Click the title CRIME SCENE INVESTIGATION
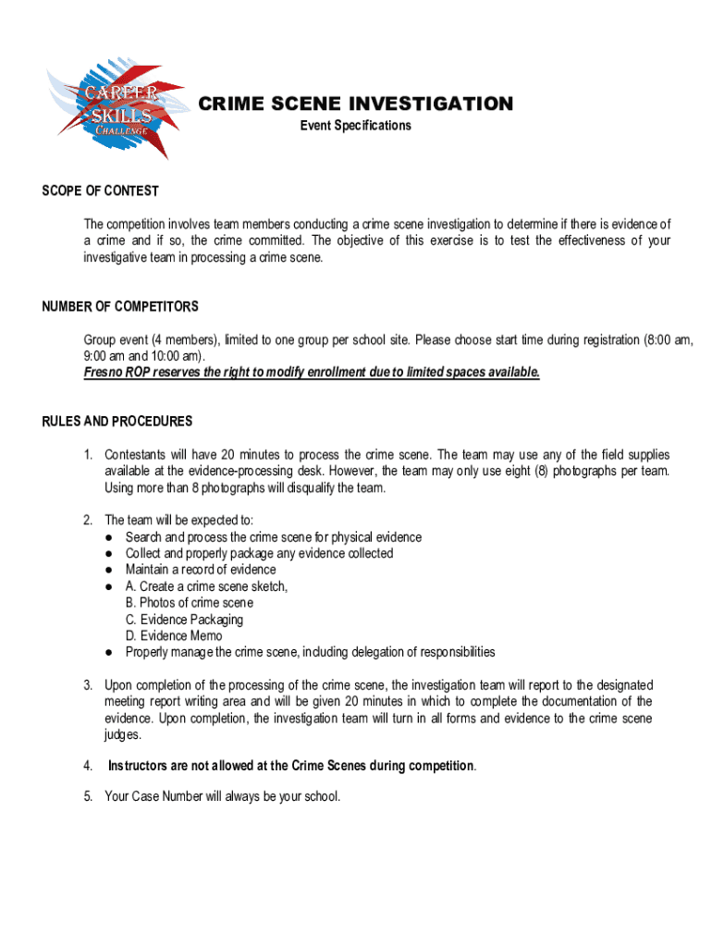355,104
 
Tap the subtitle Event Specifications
355,126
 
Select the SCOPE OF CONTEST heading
100,191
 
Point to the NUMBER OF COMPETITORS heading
120,307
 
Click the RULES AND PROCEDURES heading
117,422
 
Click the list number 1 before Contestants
88,455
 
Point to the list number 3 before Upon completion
88,685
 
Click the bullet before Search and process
110,537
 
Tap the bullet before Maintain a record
110,570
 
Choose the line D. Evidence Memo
174,636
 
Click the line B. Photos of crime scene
189,603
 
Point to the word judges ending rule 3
122,735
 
